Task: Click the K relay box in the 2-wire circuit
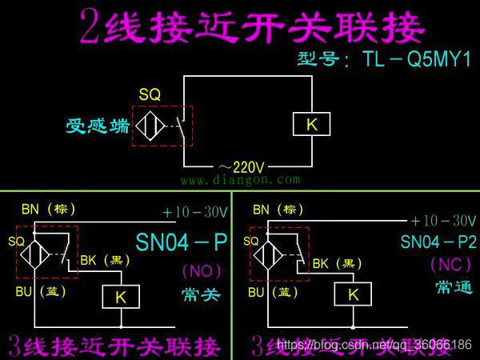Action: pos(311,125)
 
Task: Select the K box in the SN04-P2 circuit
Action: pos(353,295)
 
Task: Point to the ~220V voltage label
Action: pos(240,167)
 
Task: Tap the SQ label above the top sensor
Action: pos(150,95)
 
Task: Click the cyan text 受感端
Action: pos(98,126)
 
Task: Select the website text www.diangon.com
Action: pos(240,181)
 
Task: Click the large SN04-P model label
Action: pos(182,242)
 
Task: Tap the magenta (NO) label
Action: pos(202,270)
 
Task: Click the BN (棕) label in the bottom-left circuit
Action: pos(48,210)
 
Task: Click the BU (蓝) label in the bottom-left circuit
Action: pos(39,292)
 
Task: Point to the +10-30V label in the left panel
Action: pos(195,213)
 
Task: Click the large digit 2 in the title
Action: pos(94,27)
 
